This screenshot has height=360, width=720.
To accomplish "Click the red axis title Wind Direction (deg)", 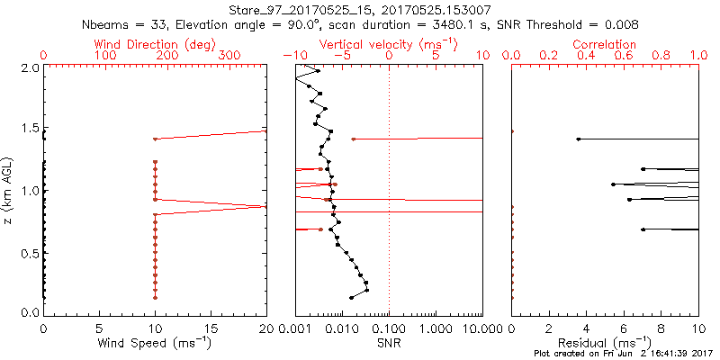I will pyautogui.click(x=155, y=44).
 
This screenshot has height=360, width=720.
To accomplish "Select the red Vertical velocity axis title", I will pyautogui.click(x=389, y=44).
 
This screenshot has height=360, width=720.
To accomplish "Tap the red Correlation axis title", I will pyautogui.click(x=605, y=44).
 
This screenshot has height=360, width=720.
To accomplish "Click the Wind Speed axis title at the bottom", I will pyautogui.click(x=155, y=343).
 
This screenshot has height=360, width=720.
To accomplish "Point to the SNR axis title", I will pyautogui.click(x=389, y=343).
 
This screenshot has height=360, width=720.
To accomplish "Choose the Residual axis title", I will pyautogui.click(x=605, y=343).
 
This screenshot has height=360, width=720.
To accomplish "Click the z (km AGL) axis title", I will pyautogui.click(x=8, y=190).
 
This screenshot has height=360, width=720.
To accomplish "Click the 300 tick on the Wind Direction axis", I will pyautogui.click(x=229, y=56).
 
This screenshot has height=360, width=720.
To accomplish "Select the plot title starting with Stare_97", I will pyautogui.click(x=359, y=9).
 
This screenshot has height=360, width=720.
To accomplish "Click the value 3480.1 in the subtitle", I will pyautogui.click(x=472, y=23).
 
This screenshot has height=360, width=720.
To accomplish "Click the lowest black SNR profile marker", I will pyautogui.click(x=351, y=297).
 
